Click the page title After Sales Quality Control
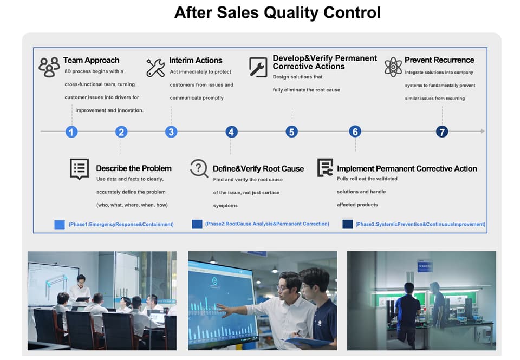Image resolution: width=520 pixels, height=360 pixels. pos(277,12)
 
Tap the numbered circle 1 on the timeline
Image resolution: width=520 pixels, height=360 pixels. pos(71,132)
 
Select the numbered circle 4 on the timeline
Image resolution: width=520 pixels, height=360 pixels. pos(231,132)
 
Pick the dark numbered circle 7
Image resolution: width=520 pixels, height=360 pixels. pos(443,132)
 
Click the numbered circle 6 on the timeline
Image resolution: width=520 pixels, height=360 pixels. pos(355,132)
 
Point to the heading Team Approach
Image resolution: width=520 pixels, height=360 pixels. pos(91,60)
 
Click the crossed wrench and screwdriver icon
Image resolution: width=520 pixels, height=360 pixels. pos(155,68)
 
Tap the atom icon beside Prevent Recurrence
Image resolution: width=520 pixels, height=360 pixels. pos(393,67)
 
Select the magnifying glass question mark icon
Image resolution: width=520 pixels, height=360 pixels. pos(199,168)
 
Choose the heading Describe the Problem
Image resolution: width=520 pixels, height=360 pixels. pos(134,168)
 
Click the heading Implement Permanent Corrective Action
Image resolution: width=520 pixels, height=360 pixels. pos(407,168)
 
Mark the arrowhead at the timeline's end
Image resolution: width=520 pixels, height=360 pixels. pos(482,131)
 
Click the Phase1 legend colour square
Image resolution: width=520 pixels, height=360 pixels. pos(60,224)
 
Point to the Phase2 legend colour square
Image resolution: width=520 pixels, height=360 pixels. pos(197,224)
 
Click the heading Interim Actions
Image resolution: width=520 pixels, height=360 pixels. pos(196,60)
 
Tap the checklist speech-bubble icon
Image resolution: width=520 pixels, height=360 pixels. pos(80,168)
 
